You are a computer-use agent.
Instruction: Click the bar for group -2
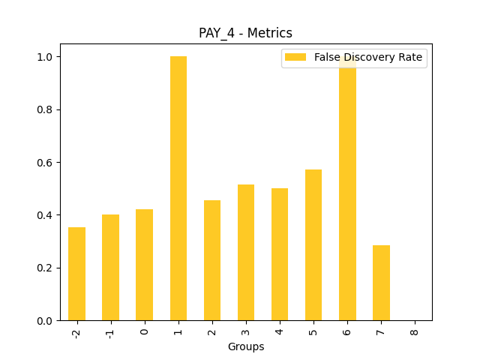pyautogui.click(x=76, y=274)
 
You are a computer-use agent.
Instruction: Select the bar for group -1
pyautogui.click(x=110, y=268)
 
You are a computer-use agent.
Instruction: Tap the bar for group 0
pyautogui.click(x=144, y=265)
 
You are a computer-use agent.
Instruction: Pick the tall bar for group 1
pyautogui.click(x=178, y=188)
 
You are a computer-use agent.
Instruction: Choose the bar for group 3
pyautogui.click(x=246, y=252)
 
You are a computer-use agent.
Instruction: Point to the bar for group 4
pyautogui.click(x=280, y=254)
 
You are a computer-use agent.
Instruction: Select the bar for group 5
pyautogui.click(x=313, y=244)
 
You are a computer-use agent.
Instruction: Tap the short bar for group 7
pyautogui.click(x=381, y=283)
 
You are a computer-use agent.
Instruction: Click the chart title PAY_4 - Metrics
pyautogui.click(x=245, y=33)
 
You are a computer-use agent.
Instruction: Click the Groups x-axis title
pyautogui.click(x=246, y=346)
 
